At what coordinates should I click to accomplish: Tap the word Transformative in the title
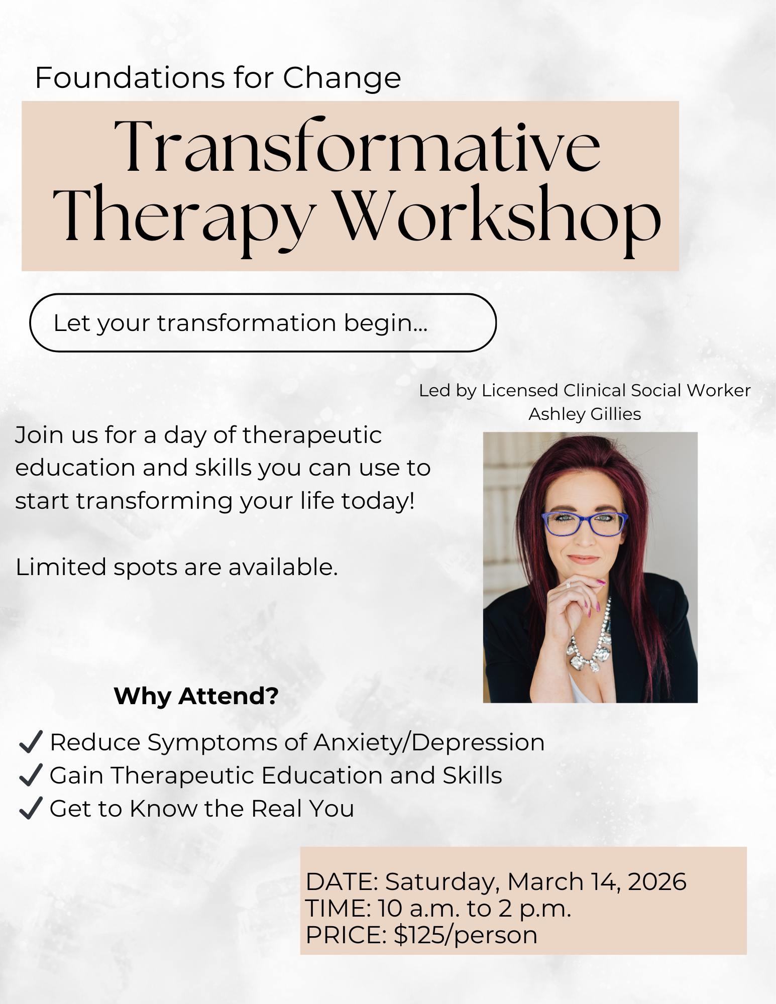coord(357,147)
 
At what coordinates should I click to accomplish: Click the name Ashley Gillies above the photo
coord(585,414)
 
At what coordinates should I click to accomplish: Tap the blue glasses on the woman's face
coord(585,523)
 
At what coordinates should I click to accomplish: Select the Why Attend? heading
coord(196,696)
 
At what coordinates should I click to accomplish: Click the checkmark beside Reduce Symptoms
coord(31,742)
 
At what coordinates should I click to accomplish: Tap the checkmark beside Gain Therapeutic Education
coord(31,775)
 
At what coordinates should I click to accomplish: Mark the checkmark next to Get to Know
coord(31,808)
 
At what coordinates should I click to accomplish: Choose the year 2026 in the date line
coord(657,882)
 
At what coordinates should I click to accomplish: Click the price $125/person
coord(465,935)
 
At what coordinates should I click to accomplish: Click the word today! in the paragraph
coord(378,501)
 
